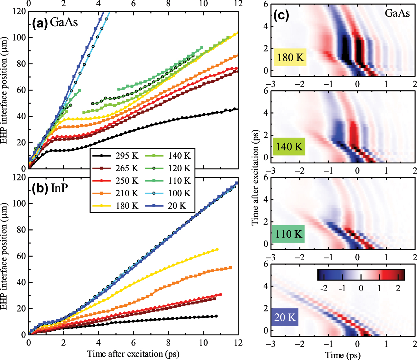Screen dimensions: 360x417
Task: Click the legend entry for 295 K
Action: click(115, 156)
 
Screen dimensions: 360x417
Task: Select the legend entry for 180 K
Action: click(115, 206)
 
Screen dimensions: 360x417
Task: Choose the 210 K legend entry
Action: click(115, 193)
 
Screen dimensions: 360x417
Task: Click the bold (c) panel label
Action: click(281, 15)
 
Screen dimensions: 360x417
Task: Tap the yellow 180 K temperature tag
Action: click(290, 57)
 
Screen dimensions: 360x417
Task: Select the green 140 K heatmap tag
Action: click(289, 147)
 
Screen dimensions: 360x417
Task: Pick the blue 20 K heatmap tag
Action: click(285, 317)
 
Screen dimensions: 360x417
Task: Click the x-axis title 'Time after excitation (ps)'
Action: click(133, 354)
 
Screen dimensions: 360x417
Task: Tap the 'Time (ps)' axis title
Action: click(343, 355)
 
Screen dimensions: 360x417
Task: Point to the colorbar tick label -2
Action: click(324, 288)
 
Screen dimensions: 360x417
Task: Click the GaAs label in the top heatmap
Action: click(397, 13)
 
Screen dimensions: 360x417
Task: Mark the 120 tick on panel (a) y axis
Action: click(19, 11)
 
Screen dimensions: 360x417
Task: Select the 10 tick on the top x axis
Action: click(203, 4)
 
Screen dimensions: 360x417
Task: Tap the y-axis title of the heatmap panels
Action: click(255, 177)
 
